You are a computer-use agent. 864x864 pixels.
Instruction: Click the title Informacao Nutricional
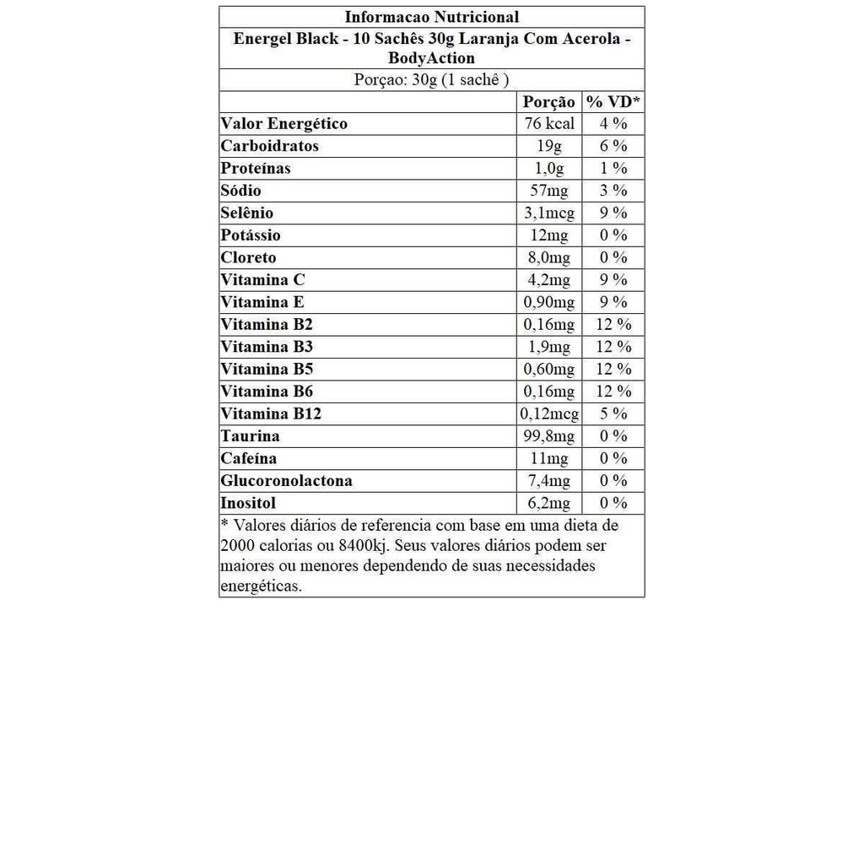[431, 17]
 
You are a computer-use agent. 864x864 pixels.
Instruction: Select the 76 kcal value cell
[548, 124]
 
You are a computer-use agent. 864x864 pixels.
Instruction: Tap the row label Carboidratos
[270, 146]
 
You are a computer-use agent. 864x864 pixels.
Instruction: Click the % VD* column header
[613, 102]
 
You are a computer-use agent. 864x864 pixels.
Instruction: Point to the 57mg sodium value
[548, 191]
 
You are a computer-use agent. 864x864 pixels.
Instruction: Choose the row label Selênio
[247, 213]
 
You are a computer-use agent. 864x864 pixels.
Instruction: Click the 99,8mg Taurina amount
[548, 436]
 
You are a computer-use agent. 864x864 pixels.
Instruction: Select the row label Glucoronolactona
[287, 481]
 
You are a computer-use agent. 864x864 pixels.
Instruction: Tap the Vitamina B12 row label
[271, 413]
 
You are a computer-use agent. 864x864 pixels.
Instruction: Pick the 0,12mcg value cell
[550, 413]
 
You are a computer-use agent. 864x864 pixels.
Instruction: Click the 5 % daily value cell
[613, 413]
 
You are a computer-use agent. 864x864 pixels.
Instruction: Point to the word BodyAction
[431, 58]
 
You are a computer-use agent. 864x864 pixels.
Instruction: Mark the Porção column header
[548, 102]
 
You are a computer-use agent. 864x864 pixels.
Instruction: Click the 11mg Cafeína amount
[548, 458]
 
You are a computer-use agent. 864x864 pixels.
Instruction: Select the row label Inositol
[248, 503]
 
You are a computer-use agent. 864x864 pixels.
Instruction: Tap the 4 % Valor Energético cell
[613, 124]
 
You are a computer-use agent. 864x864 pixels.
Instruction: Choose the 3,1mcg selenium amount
[548, 213]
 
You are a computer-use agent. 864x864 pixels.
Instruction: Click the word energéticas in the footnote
[261, 586]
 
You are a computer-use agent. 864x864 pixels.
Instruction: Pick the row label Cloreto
[248, 257]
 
